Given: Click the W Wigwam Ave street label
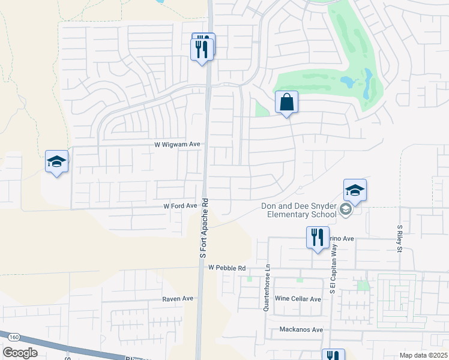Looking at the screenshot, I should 176,145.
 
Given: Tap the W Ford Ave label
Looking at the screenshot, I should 181,206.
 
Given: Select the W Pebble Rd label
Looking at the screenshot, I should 228,268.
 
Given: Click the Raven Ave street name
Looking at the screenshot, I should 178,298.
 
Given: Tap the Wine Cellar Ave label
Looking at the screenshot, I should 298,299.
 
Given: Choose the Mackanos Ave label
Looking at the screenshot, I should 301,329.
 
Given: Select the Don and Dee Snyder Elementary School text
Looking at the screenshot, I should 299,210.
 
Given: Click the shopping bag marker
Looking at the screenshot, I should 287,103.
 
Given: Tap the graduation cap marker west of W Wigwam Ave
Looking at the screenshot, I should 57,162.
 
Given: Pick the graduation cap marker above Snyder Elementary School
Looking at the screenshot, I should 355,191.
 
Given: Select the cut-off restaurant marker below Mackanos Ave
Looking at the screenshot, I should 333,355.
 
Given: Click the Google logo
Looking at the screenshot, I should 20,353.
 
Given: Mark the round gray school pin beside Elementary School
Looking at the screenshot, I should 345,209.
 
